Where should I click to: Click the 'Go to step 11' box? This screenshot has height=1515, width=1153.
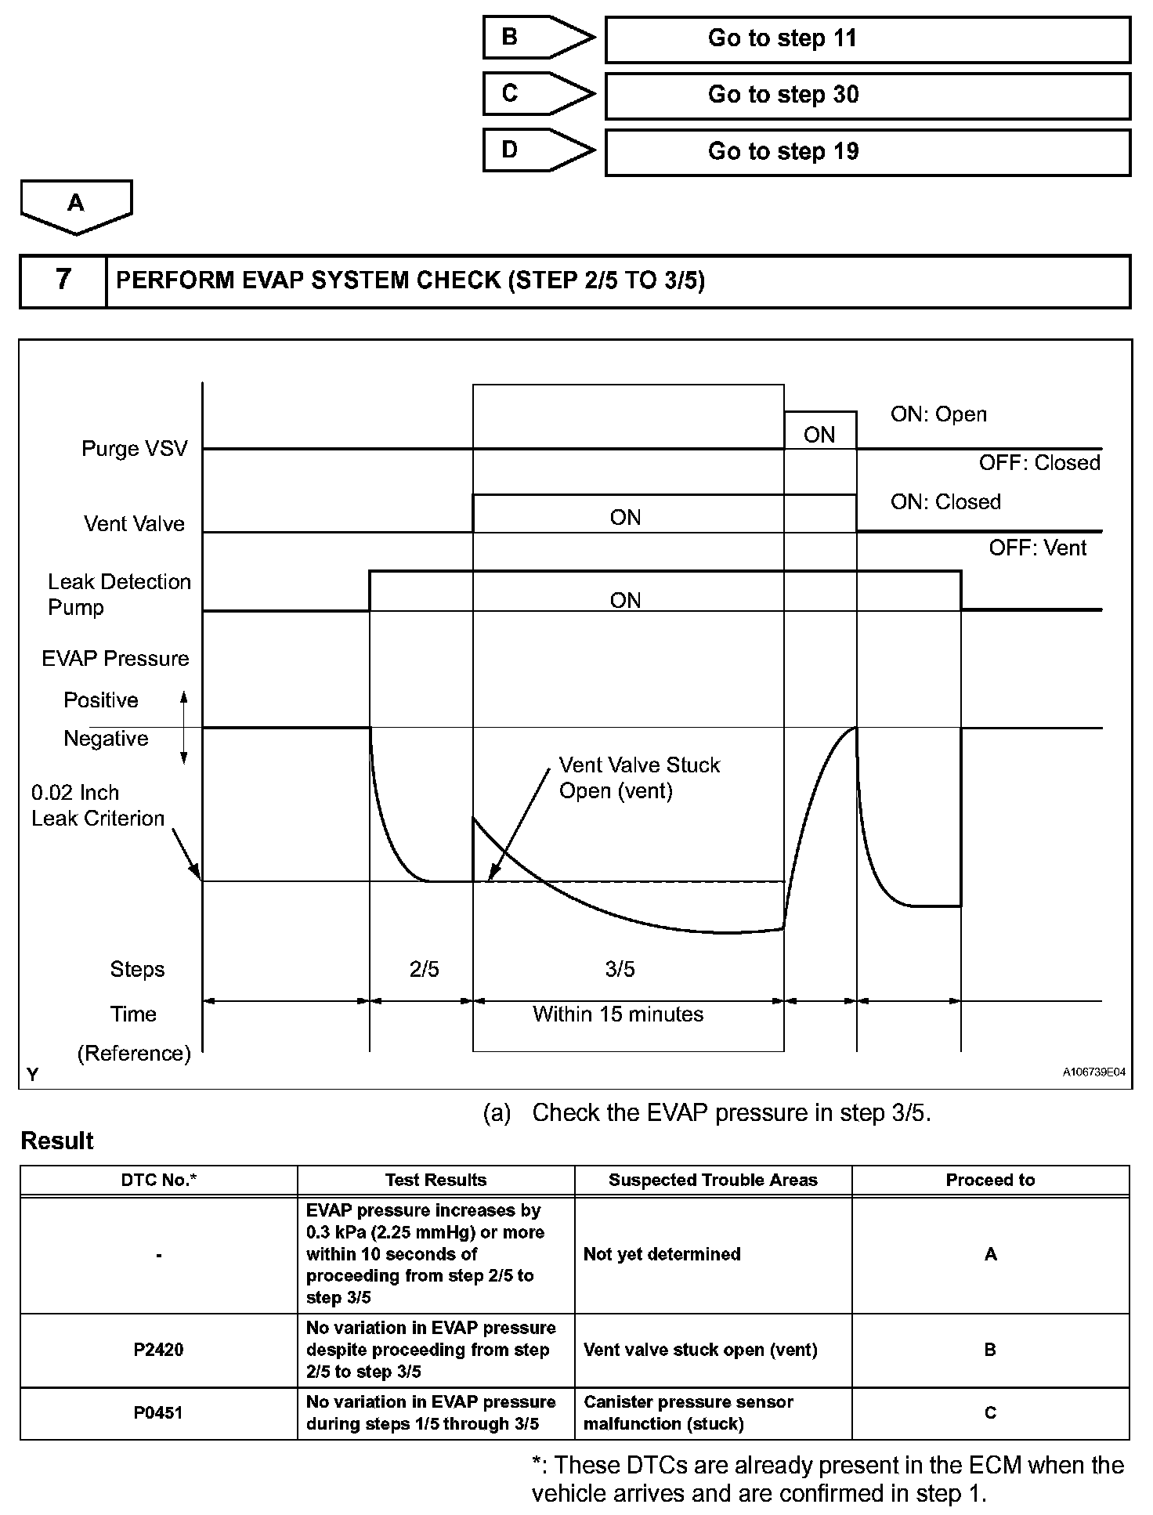click(867, 39)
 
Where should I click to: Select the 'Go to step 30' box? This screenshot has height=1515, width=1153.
click(867, 96)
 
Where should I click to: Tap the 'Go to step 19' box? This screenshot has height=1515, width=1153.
click(867, 152)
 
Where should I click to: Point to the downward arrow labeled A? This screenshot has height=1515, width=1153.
click(76, 205)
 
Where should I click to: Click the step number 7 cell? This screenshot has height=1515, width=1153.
click(63, 280)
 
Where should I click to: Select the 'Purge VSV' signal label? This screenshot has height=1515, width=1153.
click(135, 449)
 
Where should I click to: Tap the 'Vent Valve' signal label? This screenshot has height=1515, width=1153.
click(135, 523)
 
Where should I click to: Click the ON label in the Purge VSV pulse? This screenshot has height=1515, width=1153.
click(819, 435)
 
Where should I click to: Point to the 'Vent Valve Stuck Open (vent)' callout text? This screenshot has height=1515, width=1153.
click(638, 778)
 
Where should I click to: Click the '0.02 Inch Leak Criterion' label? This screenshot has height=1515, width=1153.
click(98, 805)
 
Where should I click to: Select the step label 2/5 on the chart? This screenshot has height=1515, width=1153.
click(424, 969)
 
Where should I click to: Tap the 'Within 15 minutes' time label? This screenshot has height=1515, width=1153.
click(618, 1014)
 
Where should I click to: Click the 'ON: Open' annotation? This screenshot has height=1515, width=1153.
click(938, 414)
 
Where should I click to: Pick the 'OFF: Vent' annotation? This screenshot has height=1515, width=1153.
click(1037, 548)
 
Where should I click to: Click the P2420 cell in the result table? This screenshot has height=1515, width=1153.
click(159, 1350)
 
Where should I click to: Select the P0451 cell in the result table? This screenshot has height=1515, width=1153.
click(159, 1412)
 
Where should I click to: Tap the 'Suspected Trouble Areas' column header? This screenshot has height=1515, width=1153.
click(713, 1180)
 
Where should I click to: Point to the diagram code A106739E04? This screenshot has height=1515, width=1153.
click(1093, 1072)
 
